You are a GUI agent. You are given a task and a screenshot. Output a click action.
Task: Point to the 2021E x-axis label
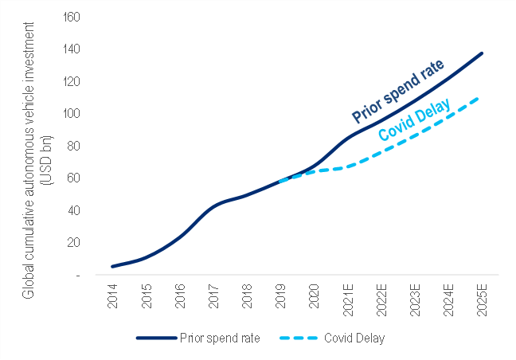tap(347, 297)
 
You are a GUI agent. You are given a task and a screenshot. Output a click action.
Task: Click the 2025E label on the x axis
tap(481, 297)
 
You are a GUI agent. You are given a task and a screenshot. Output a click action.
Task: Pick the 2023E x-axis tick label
tap(414, 297)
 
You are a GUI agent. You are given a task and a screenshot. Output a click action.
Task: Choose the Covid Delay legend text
tap(354, 338)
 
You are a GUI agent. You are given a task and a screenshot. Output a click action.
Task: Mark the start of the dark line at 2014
tap(113, 266)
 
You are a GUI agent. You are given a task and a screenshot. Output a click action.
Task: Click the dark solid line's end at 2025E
tap(481, 53)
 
